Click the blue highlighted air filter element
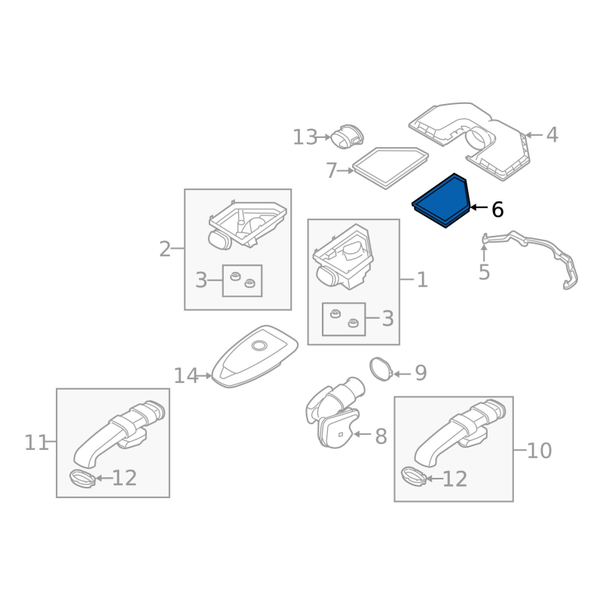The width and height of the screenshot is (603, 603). [x=442, y=200]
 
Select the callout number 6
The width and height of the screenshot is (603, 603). [x=497, y=210]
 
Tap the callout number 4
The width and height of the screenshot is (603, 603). [x=552, y=136]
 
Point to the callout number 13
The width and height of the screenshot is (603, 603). [x=305, y=137]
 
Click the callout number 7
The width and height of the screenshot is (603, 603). [x=331, y=171]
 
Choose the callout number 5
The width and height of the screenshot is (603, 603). [x=484, y=273]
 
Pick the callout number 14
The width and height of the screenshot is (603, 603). [x=185, y=375]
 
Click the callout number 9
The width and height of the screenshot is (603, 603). [x=421, y=373]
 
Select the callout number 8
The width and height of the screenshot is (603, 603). [x=381, y=436]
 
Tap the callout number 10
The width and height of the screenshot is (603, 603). [x=539, y=451]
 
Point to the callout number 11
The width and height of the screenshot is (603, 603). [x=35, y=443]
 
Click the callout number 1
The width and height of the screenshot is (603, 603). [x=422, y=281]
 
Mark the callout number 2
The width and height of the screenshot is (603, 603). [x=164, y=249]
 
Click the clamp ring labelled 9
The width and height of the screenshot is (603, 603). [x=382, y=369]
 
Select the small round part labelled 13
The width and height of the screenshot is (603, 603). [x=347, y=138]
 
